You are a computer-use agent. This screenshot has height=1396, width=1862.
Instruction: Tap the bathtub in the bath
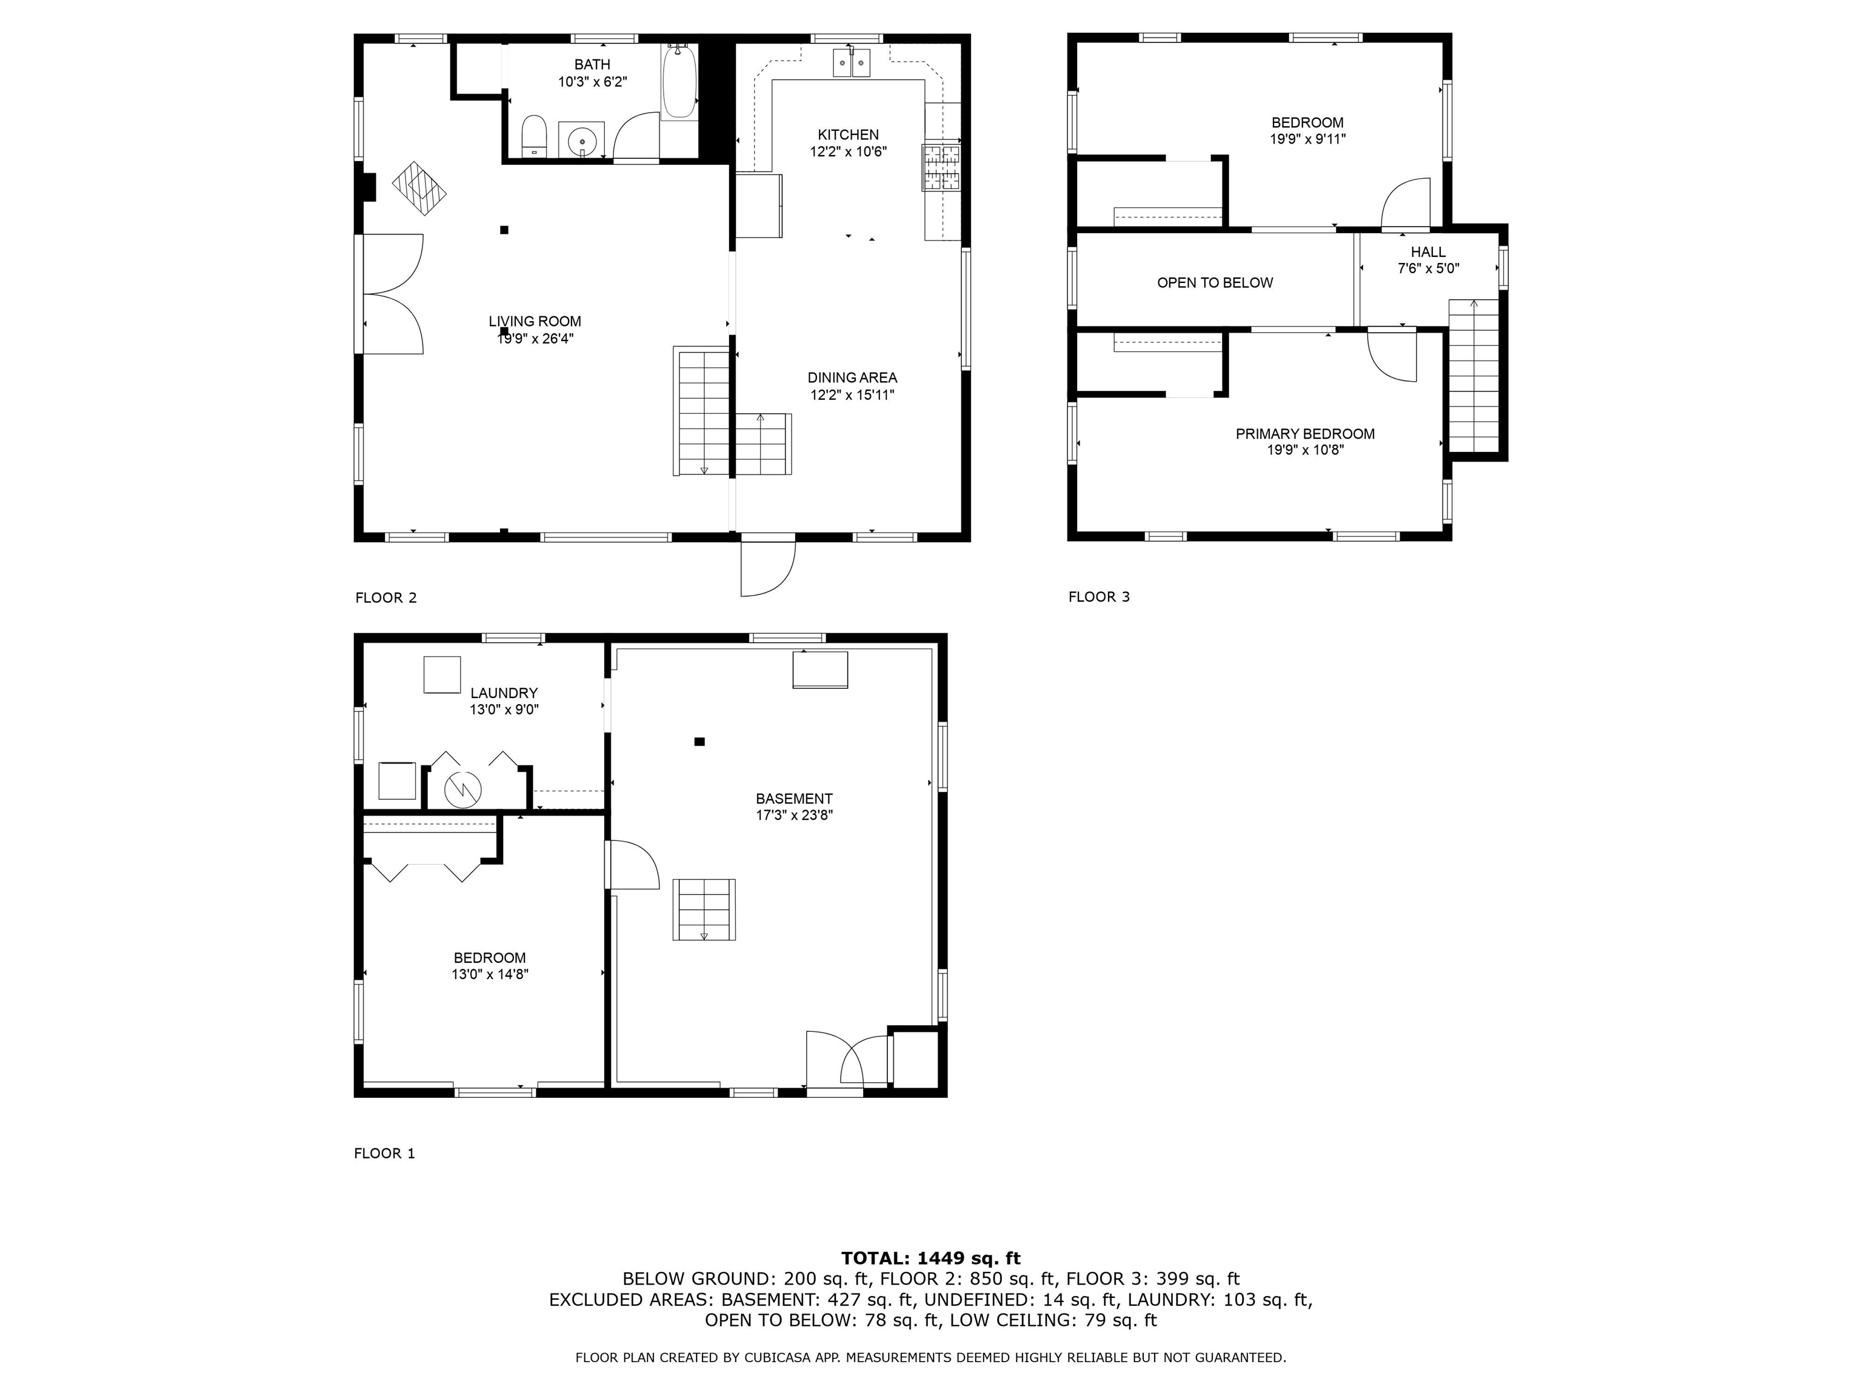[x=679, y=82]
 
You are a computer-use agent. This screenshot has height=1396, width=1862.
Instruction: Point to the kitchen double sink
[x=851, y=62]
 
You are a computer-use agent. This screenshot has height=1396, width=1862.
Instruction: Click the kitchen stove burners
[x=942, y=167]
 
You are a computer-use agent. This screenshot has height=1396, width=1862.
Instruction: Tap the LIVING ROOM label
[x=535, y=322]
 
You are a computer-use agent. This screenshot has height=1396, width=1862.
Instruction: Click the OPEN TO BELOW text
[x=1215, y=283]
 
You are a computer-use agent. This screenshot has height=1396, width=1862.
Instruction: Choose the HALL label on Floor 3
[x=1429, y=251]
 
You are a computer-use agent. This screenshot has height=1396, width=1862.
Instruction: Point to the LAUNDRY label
[x=503, y=693]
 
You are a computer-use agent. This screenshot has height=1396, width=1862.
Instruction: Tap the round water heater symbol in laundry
[x=461, y=788]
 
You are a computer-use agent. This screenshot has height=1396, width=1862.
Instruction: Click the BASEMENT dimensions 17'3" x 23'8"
[x=794, y=814]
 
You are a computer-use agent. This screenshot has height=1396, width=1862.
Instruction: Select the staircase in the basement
[x=704, y=909]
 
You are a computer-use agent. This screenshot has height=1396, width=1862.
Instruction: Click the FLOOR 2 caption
[x=385, y=598]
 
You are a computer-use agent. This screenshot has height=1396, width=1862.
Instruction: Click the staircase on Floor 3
[x=1473, y=377]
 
